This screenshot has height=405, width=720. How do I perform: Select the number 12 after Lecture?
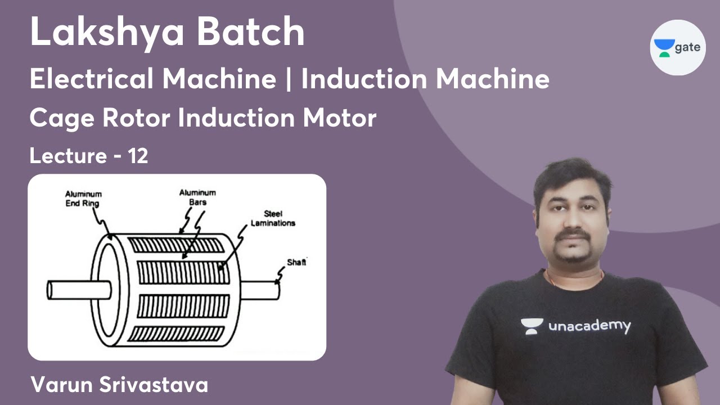[x=138, y=156]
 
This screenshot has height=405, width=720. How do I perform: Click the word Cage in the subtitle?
[x=59, y=119]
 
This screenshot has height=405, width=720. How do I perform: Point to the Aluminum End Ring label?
[x=84, y=198]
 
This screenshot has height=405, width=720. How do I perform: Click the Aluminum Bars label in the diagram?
[x=197, y=197]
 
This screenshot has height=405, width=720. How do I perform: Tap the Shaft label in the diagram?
[x=296, y=262]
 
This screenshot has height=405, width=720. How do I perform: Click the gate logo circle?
[x=678, y=47]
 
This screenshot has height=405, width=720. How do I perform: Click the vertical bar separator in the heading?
[x=289, y=80]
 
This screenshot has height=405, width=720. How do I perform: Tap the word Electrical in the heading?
[x=93, y=79]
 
